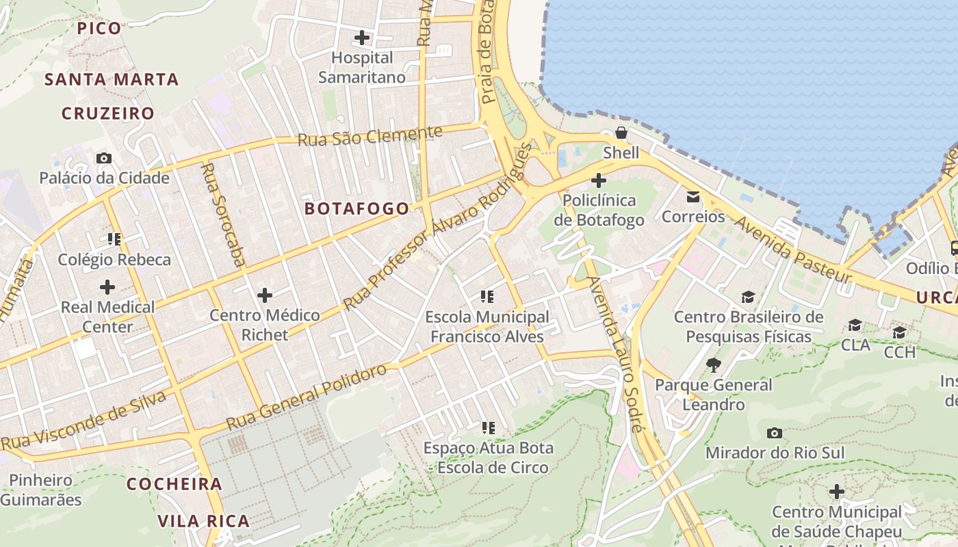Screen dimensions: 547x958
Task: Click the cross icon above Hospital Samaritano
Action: [x=362, y=37]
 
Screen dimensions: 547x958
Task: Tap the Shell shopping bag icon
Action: [x=621, y=133]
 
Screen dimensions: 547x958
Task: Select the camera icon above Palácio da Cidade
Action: [x=104, y=158]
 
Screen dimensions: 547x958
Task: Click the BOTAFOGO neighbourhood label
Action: [x=357, y=209]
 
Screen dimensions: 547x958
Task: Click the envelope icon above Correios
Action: [x=693, y=197]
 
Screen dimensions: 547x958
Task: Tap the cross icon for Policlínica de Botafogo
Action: [x=599, y=181]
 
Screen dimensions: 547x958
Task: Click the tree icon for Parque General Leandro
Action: [x=713, y=364]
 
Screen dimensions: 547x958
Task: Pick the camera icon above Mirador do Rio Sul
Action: [x=775, y=433]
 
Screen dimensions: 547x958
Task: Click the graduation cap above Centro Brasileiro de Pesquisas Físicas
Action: [x=748, y=297]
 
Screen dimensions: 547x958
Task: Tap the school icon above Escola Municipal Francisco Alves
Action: [x=487, y=297]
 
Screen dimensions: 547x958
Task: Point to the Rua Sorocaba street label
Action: [x=223, y=213]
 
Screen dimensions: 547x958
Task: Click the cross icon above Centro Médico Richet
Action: [x=265, y=295]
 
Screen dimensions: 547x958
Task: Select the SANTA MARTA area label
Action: [x=112, y=79]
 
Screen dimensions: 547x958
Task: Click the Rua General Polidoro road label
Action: [x=307, y=397]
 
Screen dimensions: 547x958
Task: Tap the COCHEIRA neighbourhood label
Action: [x=174, y=484]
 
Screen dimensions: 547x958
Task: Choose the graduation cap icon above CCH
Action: [x=899, y=332]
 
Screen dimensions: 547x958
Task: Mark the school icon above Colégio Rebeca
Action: [x=114, y=239]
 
